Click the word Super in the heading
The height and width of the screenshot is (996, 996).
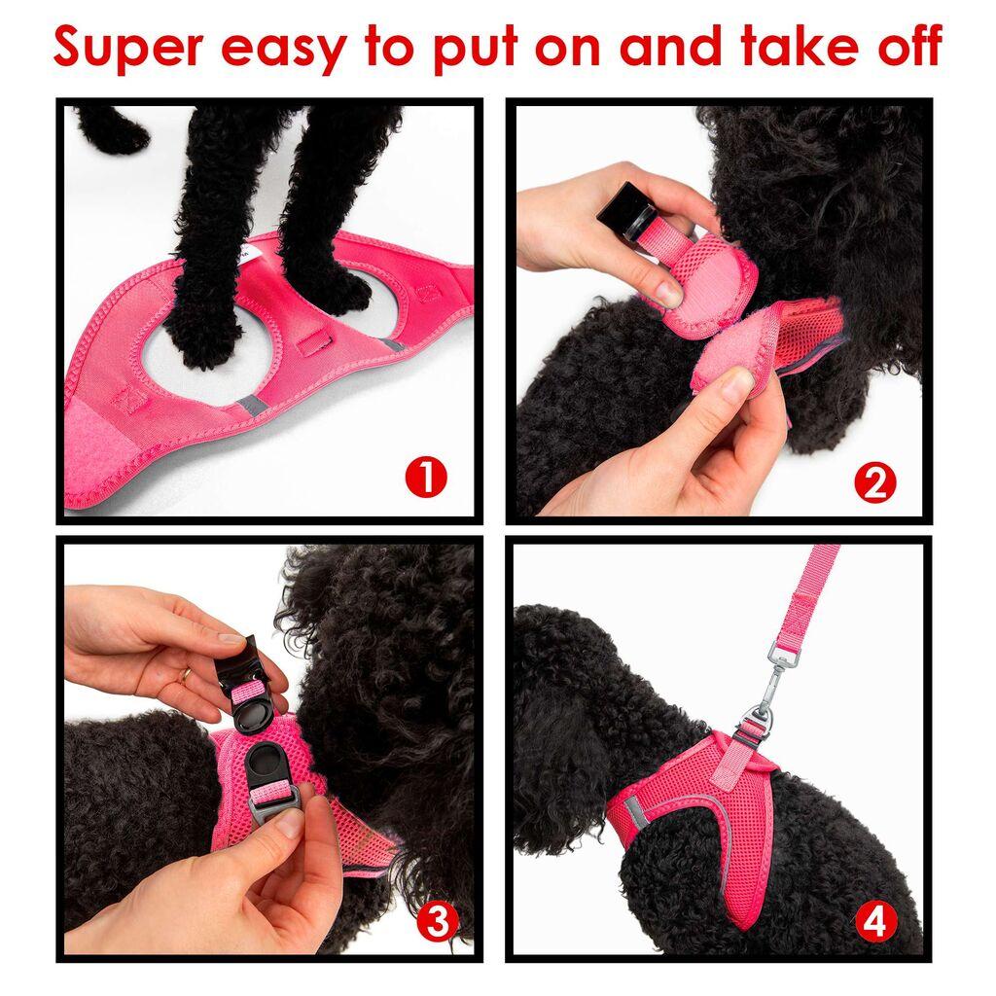[x=126, y=46]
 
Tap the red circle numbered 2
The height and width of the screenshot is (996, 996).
[x=874, y=483]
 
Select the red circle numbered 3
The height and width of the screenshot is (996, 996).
[x=437, y=921]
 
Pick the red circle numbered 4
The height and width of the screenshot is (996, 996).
[x=874, y=921]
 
